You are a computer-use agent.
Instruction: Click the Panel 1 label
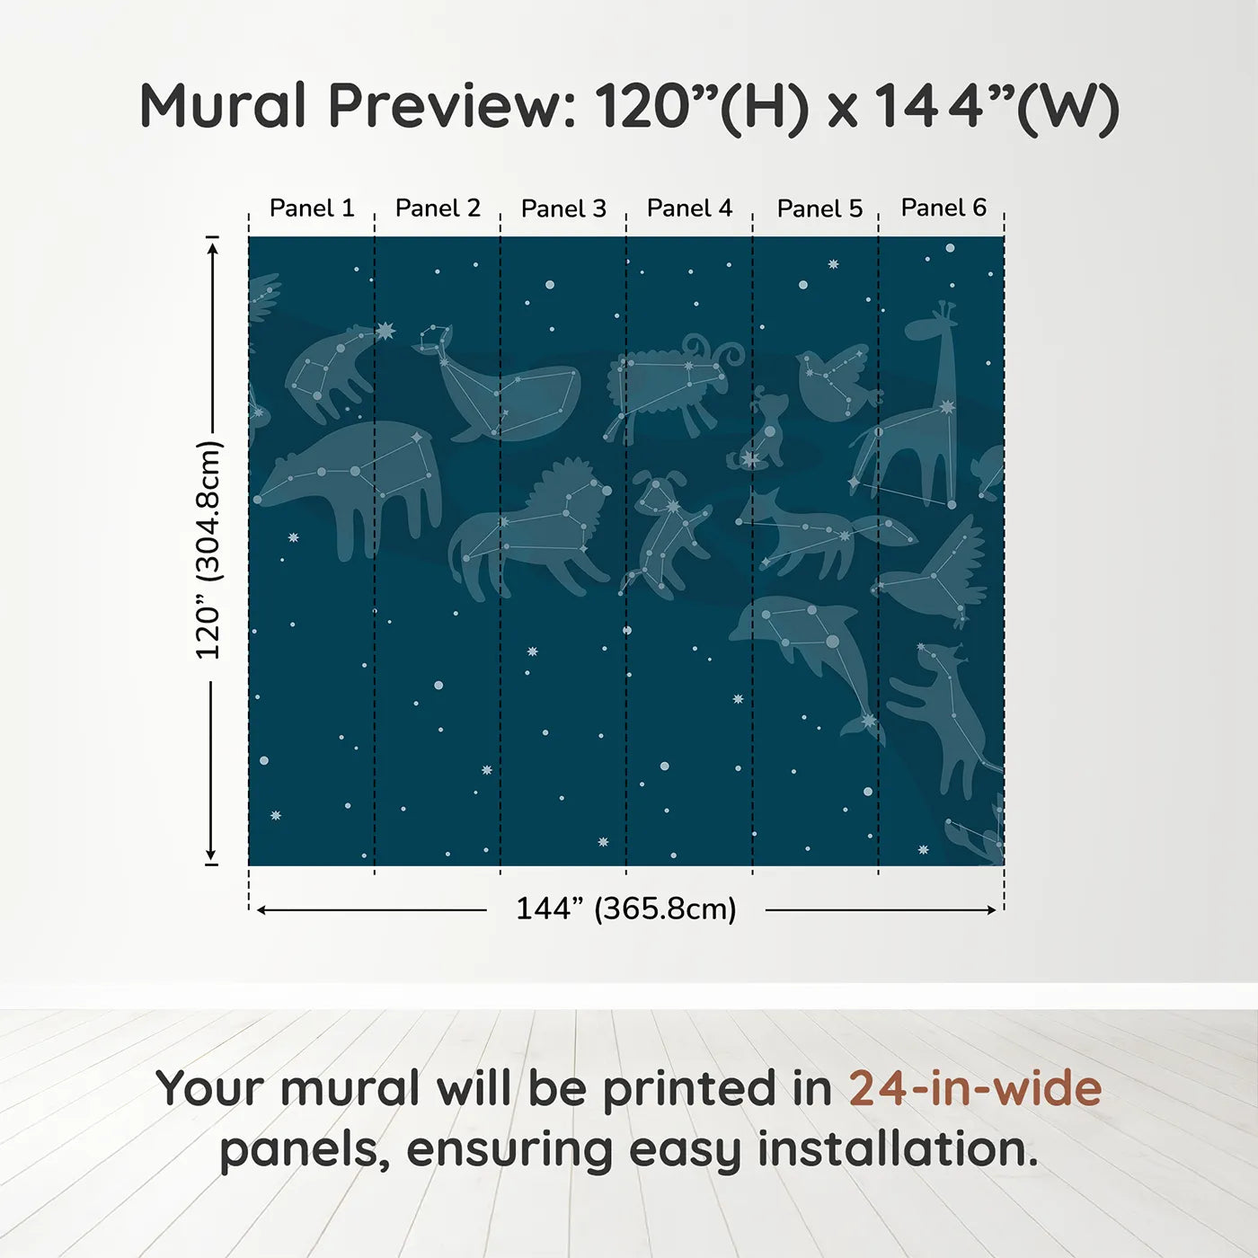(312, 208)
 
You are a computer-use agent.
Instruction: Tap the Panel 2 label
(438, 208)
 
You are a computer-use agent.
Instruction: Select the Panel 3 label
(563, 208)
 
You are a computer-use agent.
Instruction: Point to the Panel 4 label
(689, 208)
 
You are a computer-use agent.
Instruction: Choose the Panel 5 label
(819, 208)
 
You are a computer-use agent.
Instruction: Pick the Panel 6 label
(943, 208)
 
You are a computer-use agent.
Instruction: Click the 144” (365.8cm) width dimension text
(626, 908)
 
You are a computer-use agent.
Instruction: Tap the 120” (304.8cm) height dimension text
(208, 550)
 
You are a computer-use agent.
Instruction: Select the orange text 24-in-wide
(975, 1088)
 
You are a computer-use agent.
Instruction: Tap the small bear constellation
(329, 373)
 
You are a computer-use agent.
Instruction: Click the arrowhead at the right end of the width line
(992, 910)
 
